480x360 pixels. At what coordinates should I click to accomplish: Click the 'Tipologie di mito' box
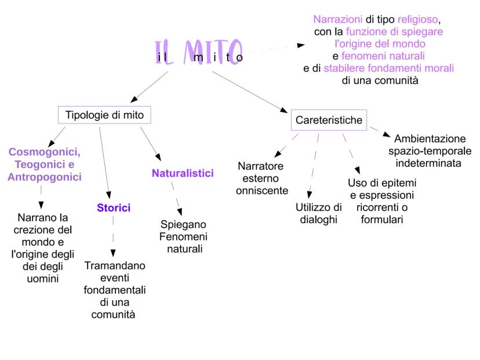pos(104,115)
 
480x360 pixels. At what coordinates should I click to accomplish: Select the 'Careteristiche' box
pos(329,120)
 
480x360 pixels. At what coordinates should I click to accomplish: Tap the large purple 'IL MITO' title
pos(199,52)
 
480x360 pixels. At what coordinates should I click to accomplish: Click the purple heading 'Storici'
pos(114,208)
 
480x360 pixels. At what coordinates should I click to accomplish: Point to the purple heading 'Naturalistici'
pos(183,173)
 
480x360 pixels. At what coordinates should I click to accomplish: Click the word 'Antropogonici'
pos(45,177)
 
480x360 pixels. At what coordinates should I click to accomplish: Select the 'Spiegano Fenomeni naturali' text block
pos(183,237)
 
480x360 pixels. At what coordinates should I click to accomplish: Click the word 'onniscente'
pos(262,190)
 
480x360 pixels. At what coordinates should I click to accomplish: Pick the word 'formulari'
pos(381,220)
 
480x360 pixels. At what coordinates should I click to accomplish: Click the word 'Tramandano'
pos(115,266)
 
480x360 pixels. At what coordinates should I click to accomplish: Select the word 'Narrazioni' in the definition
pos(334,19)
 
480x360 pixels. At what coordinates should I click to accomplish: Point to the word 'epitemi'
pos(394,183)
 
